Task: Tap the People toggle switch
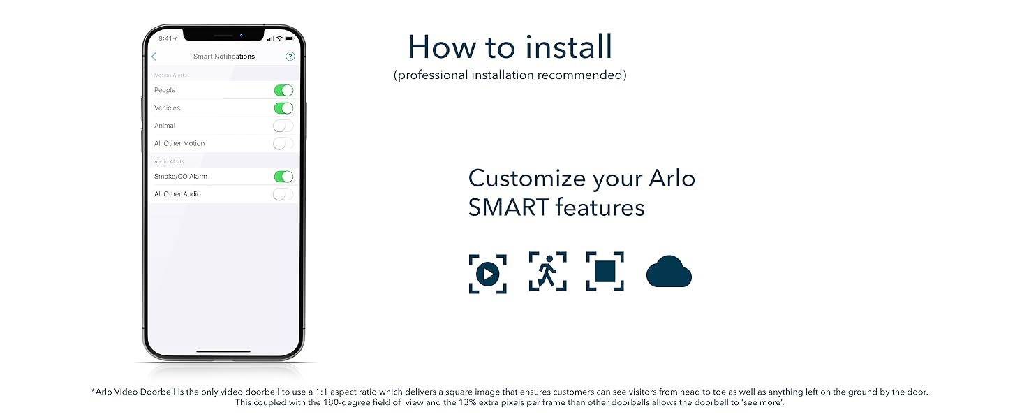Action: tap(283, 90)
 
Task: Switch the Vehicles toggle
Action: tap(283, 108)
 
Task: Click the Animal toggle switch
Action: tap(283, 126)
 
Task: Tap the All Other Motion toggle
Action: tap(283, 144)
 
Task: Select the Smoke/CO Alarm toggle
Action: tap(283, 177)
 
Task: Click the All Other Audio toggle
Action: tap(283, 194)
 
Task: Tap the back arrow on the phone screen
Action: tap(154, 57)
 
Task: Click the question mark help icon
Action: tap(290, 57)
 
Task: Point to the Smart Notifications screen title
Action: tap(224, 57)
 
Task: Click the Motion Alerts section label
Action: tap(170, 75)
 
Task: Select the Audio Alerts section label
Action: tap(169, 162)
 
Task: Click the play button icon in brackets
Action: tap(487, 274)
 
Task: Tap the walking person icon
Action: tap(547, 271)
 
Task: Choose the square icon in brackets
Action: tap(605, 271)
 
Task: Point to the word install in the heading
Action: tap(569, 47)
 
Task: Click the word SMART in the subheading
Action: tap(508, 207)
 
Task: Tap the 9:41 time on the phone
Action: tap(166, 38)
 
